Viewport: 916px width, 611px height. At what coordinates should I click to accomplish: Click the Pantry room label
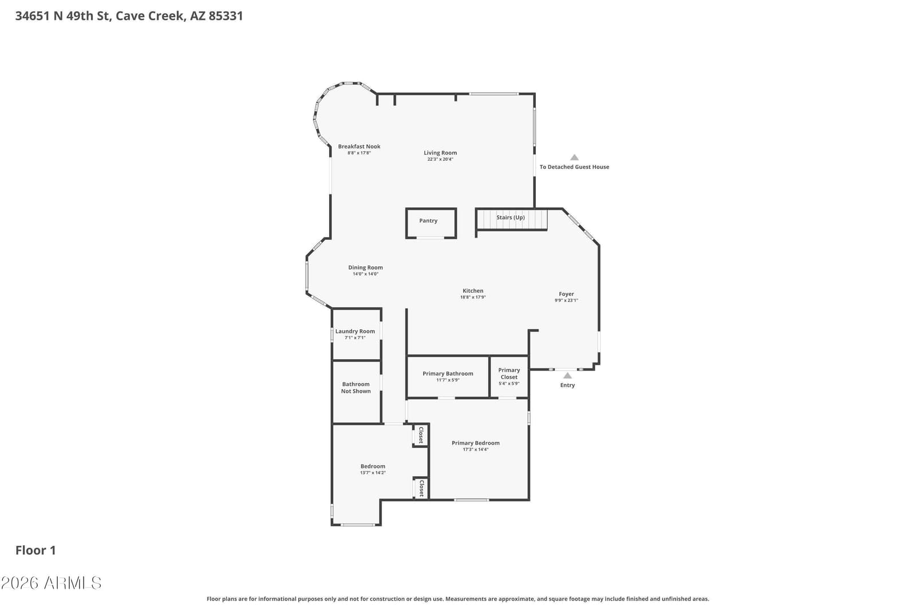(x=428, y=221)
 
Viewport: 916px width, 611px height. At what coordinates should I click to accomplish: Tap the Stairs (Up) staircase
(x=512, y=220)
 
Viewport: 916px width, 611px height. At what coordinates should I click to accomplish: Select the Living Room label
(x=440, y=153)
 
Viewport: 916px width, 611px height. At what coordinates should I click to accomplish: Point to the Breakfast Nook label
(x=359, y=147)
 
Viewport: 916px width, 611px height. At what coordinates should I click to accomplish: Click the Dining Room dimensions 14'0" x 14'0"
(x=366, y=274)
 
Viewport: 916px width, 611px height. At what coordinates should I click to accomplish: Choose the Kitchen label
(x=473, y=291)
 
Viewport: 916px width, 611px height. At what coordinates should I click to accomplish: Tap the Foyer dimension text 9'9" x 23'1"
(x=566, y=300)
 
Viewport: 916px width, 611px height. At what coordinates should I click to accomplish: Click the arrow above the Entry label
(x=567, y=376)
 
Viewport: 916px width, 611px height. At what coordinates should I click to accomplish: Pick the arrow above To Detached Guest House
(x=575, y=157)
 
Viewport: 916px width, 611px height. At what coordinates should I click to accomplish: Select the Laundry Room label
(x=355, y=331)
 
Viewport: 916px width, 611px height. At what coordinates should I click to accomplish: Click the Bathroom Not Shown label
(x=356, y=388)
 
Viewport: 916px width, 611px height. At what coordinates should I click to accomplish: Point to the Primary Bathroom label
(x=448, y=373)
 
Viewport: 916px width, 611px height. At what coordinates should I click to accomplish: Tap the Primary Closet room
(x=509, y=377)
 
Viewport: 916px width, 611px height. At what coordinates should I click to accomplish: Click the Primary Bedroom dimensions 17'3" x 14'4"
(x=476, y=450)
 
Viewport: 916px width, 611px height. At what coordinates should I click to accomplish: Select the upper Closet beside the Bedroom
(x=420, y=435)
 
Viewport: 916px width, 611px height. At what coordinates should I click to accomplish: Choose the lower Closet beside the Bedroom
(x=421, y=488)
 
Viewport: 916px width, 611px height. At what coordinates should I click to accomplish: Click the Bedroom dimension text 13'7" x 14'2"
(x=373, y=473)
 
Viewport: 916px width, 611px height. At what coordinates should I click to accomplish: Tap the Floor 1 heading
(x=35, y=550)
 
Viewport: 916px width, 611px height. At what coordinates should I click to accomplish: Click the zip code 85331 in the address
(x=226, y=16)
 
